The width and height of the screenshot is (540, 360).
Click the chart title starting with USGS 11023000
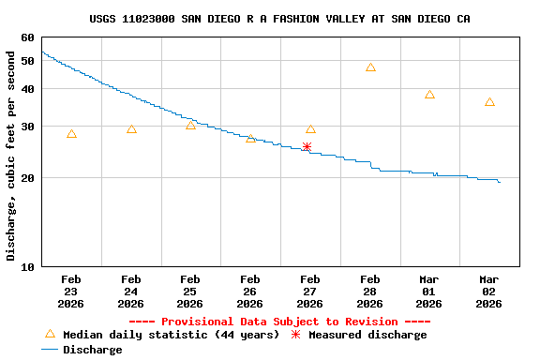pyautogui.click(x=280, y=19)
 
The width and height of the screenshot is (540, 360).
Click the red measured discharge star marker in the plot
pyautogui.click(x=307, y=146)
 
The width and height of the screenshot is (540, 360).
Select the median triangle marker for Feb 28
pyautogui.click(x=370, y=67)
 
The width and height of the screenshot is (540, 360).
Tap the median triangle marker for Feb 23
pyautogui.click(x=71, y=134)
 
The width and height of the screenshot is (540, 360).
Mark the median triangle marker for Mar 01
pyautogui.click(x=429, y=95)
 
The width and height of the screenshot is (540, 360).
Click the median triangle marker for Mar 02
pyautogui.click(x=489, y=102)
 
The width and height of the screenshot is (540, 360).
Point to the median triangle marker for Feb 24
pyautogui.click(x=131, y=129)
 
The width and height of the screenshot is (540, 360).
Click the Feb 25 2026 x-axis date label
pyautogui.click(x=190, y=292)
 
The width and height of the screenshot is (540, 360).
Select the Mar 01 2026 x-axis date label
pyautogui.click(x=429, y=292)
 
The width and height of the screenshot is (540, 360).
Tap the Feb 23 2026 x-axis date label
pyautogui.click(x=71, y=292)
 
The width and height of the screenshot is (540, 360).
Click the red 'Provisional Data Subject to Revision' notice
pyautogui.click(x=279, y=322)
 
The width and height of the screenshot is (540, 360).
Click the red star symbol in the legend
pyautogui.click(x=296, y=335)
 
